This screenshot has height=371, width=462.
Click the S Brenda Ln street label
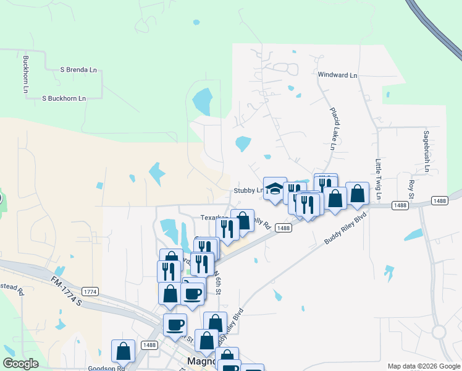[x=78, y=70]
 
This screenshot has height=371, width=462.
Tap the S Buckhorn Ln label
[x=63, y=98]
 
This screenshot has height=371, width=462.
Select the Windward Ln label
[x=337, y=75]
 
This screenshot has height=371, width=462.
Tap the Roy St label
[x=411, y=185]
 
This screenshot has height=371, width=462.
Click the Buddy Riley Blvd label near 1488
[x=345, y=229]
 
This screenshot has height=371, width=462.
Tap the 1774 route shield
[x=90, y=291]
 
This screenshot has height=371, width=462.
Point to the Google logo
[x=20, y=364]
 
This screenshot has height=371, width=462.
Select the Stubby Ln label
[x=248, y=191]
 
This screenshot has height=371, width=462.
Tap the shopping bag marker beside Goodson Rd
[x=123, y=351]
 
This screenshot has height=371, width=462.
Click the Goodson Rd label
[x=106, y=368]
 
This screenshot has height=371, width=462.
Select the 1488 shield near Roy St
[x=440, y=200]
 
